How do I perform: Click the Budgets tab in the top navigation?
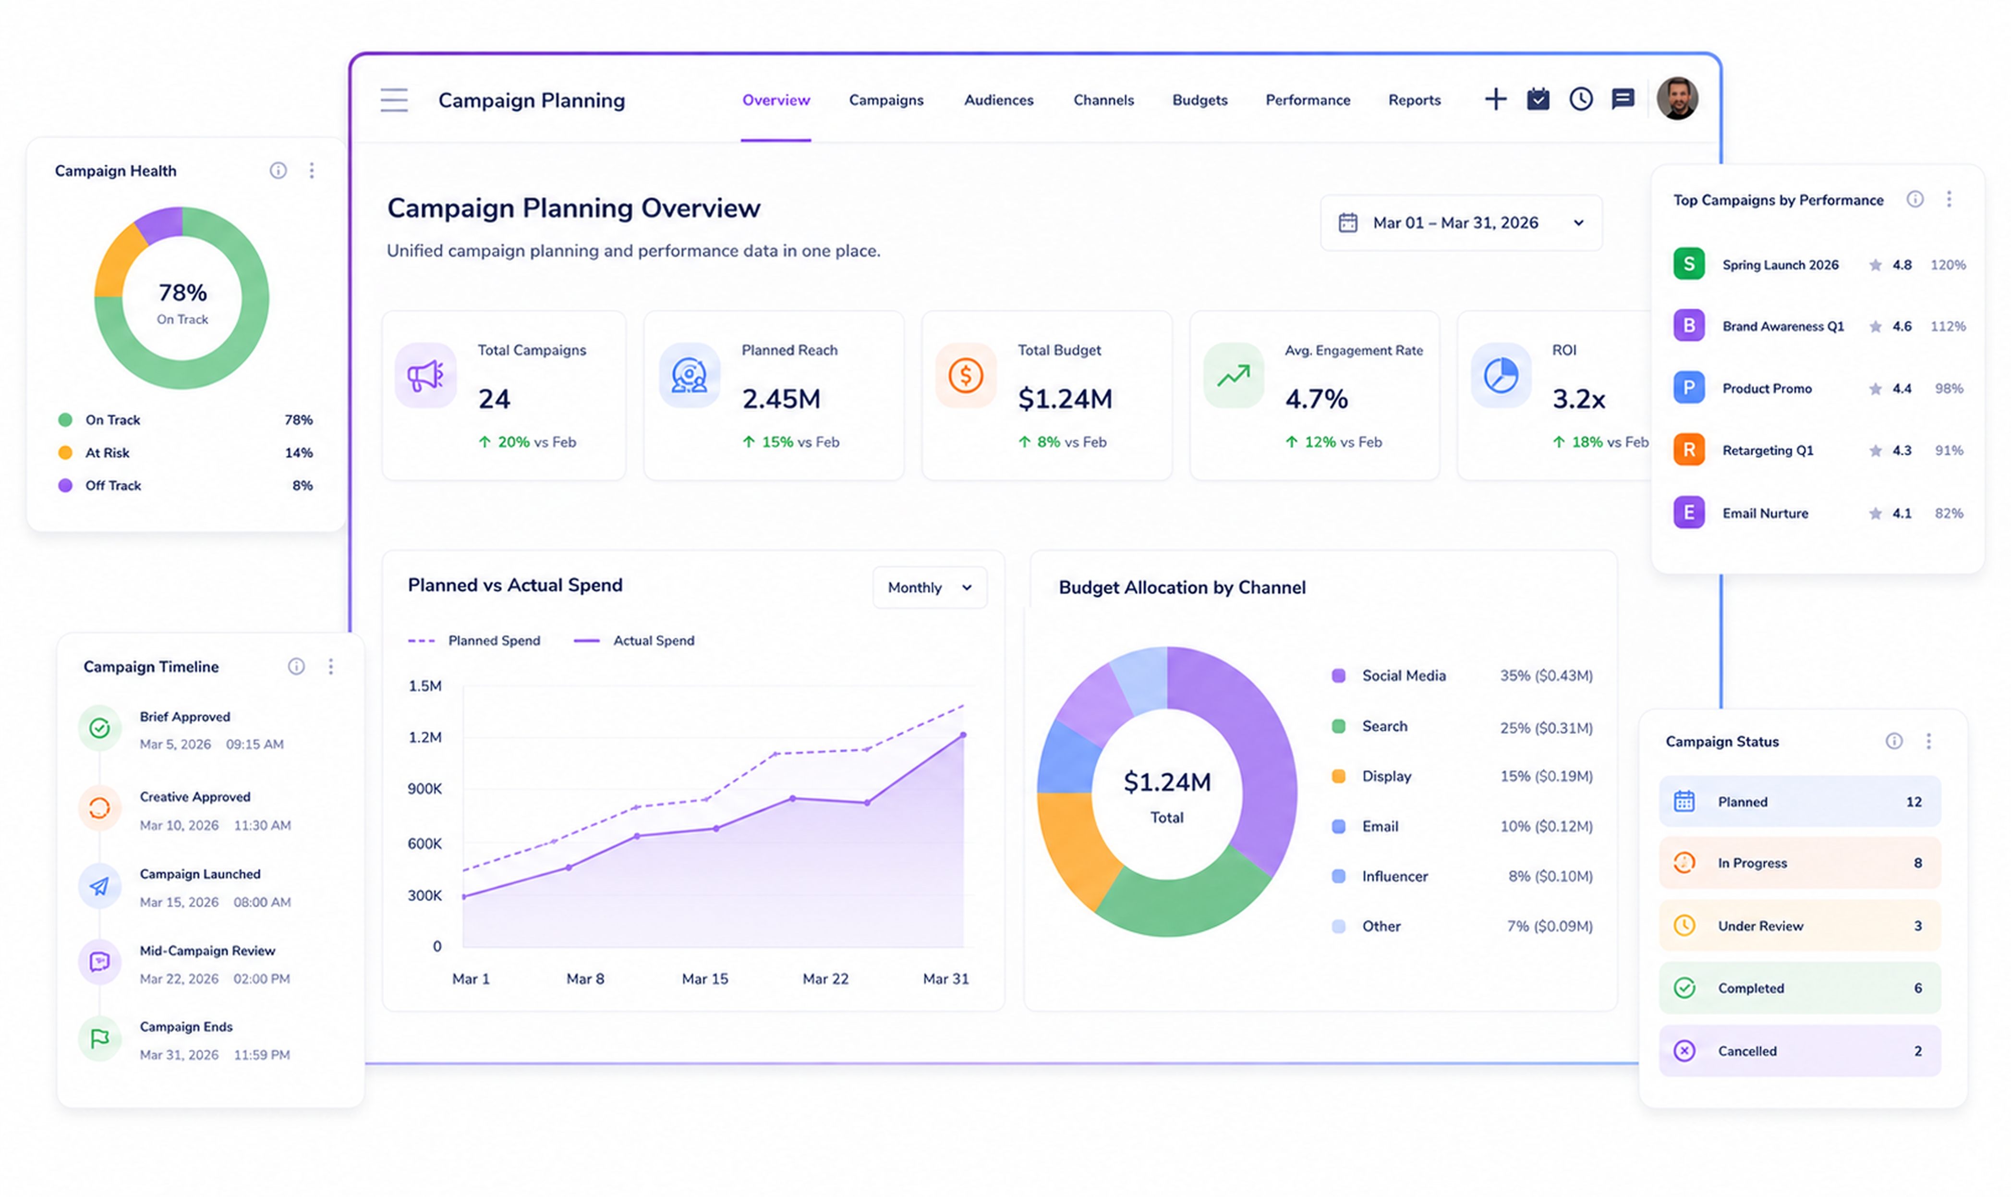point(1199,100)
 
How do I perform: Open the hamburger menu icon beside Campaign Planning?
point(394,100)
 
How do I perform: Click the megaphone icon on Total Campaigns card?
point(425,375)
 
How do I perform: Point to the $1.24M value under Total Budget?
point(1065,399)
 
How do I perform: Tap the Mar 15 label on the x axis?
point(705,978)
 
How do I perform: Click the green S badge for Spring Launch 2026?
point(1688,264)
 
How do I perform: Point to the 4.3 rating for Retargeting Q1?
point(1902,450)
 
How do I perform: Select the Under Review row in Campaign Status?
point(1799,925)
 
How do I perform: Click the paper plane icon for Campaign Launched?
point(99,886)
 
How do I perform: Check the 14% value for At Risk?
point(298,452)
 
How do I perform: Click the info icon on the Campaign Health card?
point(278,170)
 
